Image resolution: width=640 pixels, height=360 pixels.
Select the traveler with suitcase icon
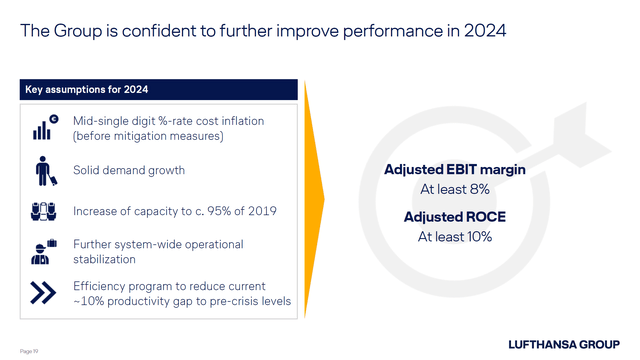pyautogui.click(x=44, y=171)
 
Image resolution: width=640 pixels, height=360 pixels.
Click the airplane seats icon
pyautogui.click(x=44, y=211)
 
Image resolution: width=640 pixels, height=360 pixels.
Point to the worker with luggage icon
pyautogui.click(x=44, y=251)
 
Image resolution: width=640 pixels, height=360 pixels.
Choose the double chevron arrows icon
pyautogui.click(x=44, y=292)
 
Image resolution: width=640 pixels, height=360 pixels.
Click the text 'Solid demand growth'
pyautogui.click(x=129, y=171)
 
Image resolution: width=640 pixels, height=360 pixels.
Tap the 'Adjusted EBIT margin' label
pyautogui.click(x=455, y=170)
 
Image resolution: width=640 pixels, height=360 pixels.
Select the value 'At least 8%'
pyautogui.click(x=455, y=189)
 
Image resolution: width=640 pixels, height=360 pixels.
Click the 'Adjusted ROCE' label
pyautogui.click(x=455, y=217)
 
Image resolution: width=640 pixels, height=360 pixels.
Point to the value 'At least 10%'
pyautogui.click(x=455, y=237)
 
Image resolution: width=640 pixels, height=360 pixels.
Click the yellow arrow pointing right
pyautogui.click(x=314, y=200)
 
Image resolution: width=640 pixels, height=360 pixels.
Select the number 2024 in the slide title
pyautogui.click(x=484, y=31)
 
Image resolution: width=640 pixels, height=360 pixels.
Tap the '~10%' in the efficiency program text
pyautogui.click(x=91, y=301)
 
